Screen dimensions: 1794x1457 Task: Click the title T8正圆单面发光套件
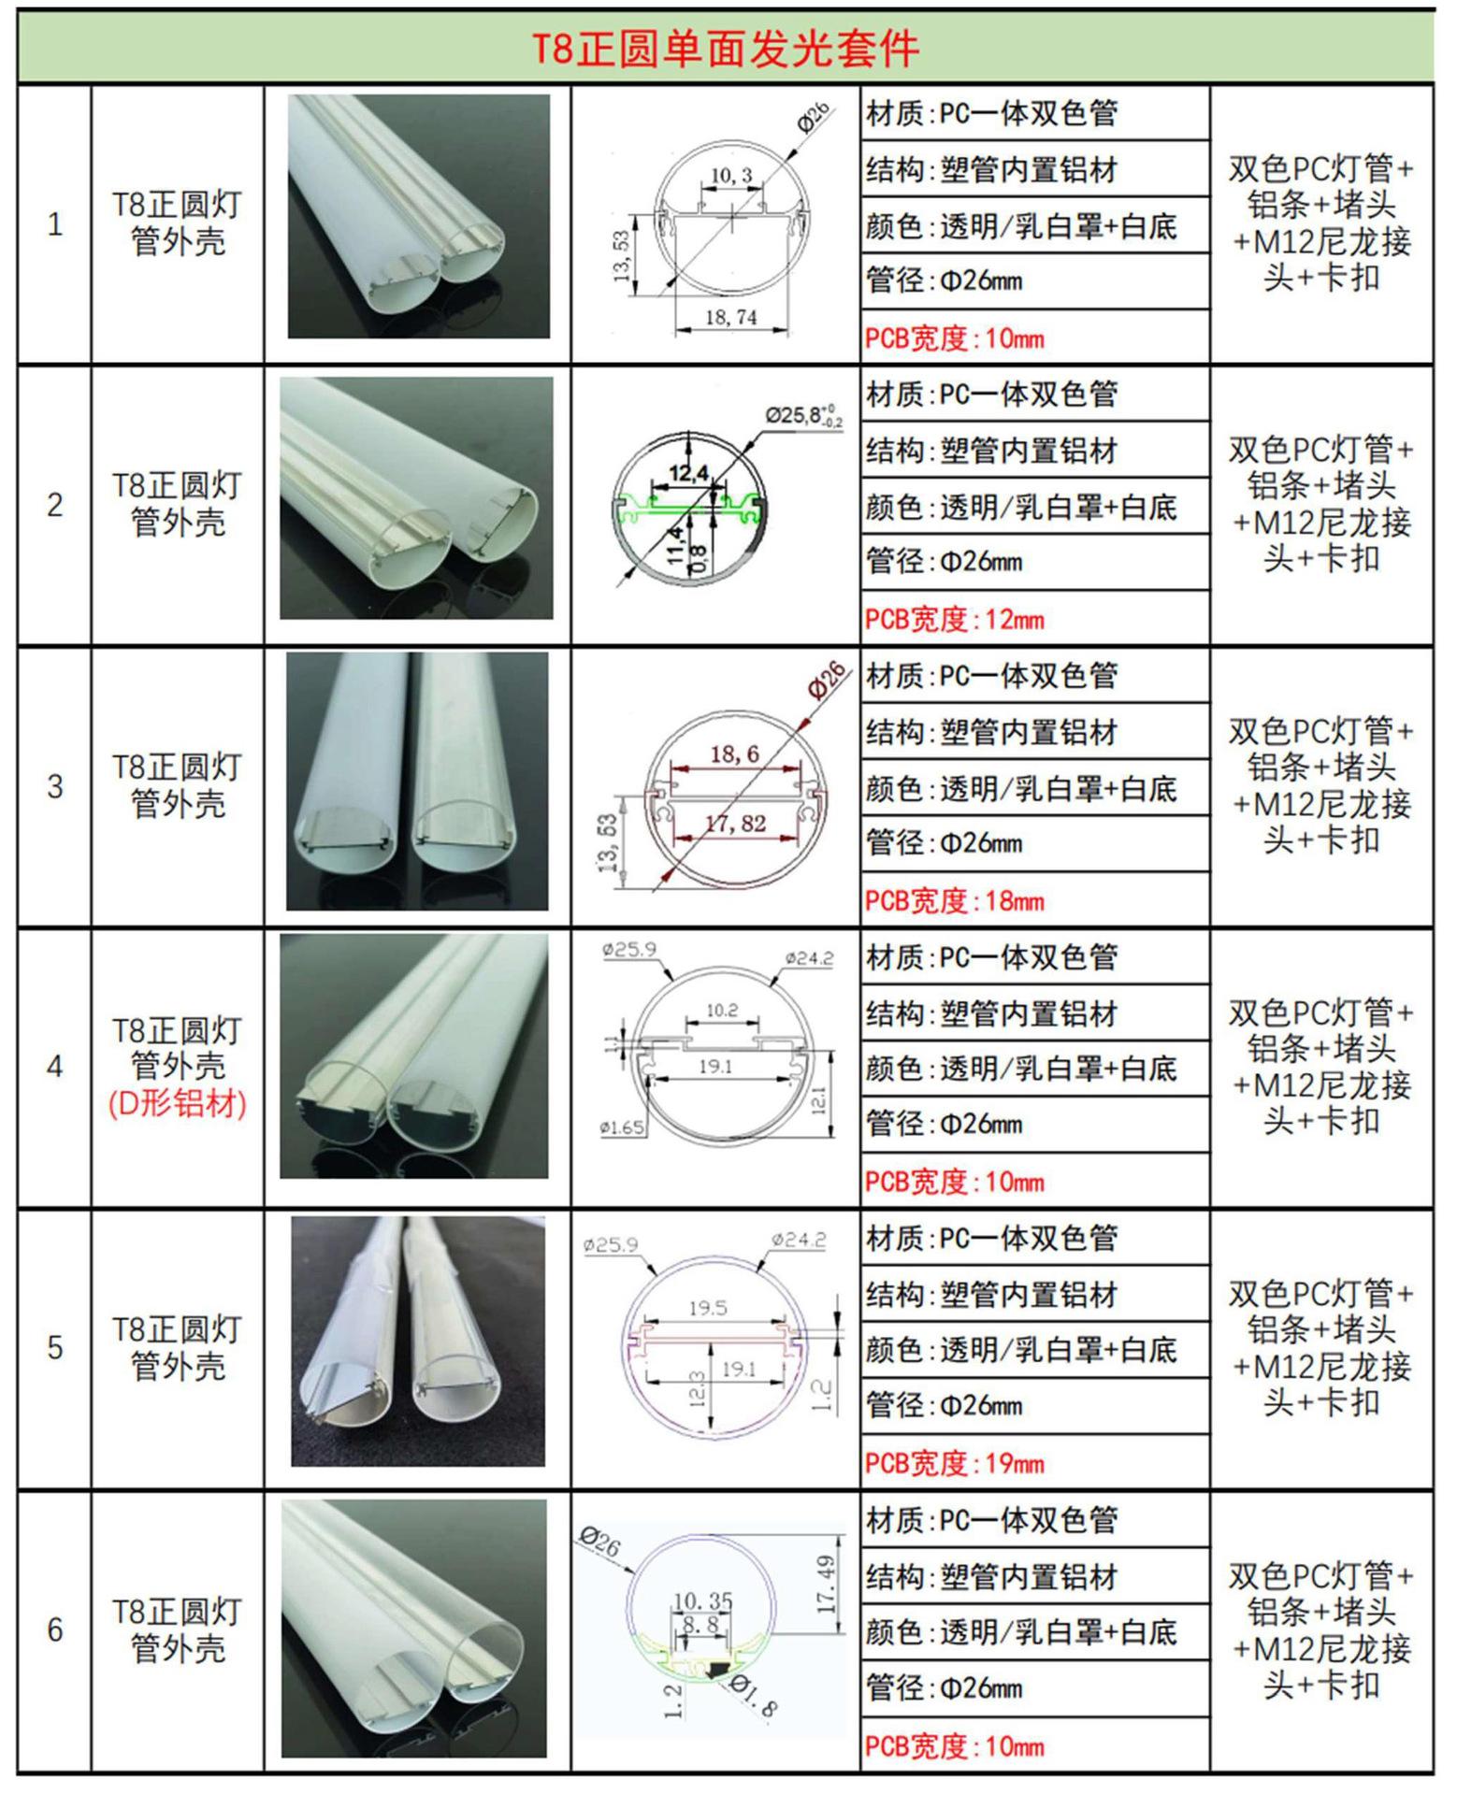click(x=726, y=48)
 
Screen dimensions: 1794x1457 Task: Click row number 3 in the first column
click(x=55, y=785)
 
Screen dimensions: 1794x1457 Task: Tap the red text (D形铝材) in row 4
click(x=178, y=1103)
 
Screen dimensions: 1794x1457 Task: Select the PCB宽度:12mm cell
click(x=955, y=619)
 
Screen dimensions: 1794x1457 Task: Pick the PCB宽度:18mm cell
click(x=955, y=900)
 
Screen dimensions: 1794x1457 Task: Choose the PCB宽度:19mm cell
click(x=955, y=1463)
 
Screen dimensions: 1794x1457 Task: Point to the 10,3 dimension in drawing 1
click(x=731, y=176)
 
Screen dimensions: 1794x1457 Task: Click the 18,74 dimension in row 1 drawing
click(x=730, y=317)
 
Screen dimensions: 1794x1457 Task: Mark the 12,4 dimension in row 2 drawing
click(x=688, y=474)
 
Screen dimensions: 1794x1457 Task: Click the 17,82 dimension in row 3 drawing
click(x=735, y=824)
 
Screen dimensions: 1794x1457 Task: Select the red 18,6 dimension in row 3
click(x=734, y=753)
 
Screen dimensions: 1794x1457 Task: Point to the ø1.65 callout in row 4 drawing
click(x=622, y=1127)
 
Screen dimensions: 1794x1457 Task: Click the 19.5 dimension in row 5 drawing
click(x=707, y=1308)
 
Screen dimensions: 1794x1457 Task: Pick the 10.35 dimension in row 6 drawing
click(x=702, y=1601)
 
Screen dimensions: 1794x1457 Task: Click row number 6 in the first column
click(x=55, y=1629)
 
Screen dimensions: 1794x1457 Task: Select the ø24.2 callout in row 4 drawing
click(x=809, y=958)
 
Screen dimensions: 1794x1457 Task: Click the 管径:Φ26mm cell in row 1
click(x=945, y=280)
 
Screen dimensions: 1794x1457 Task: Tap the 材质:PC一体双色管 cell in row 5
click(x=991, y=1239)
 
